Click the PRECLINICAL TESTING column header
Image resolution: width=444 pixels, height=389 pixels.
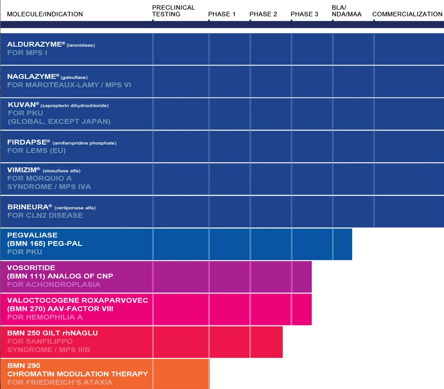(x=174, y=11)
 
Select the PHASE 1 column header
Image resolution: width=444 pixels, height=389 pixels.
(x=222, y=14)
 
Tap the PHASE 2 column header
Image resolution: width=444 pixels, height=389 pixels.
(x=263, y=14)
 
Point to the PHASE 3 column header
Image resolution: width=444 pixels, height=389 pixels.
(x=304, y=14)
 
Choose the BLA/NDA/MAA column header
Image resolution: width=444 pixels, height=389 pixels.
(x=346, y=11)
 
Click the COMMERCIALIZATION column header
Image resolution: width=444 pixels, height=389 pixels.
(x=407, y=14)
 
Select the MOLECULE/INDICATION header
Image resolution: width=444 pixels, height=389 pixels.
(x=45, y=14)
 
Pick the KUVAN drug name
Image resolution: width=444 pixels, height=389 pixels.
(x=23, y=104)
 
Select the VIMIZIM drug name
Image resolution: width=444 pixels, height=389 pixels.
(x=23, y=170)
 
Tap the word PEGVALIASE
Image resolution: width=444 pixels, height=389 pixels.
(x=32, y=235)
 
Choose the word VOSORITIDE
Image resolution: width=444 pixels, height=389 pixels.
(x=31, y=268)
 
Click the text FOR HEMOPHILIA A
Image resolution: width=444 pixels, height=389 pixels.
(x=45, y=317)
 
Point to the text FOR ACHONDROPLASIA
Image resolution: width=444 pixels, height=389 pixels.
(x=54, y=284)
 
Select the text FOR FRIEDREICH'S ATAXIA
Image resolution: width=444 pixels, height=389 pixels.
(x=60, y=382)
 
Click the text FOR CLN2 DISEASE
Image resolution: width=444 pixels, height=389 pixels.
(x=45, y=215)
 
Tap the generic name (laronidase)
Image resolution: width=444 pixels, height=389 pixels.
(x=81, y=45)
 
